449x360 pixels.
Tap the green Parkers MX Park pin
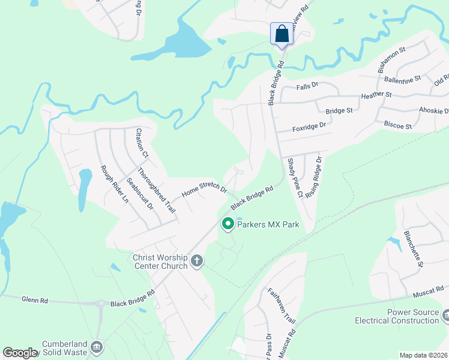(x=228, y=224)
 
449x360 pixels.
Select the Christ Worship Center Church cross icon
(x=197, y=260)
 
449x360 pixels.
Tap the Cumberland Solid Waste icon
(x=97, y=346)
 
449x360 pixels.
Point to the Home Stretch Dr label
(x=204, y=191)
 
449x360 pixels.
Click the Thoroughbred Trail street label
(x=155, y=190)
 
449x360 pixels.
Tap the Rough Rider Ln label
(x=115, y=184)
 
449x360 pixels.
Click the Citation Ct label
(x=142, y=143)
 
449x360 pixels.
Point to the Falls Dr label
(x=307, y=86)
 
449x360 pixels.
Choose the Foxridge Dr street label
(x=309, y=126)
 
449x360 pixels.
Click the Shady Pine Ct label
(x=294, y=178)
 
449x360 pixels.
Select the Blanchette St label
(x=414, y=248)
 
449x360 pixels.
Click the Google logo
(x=20, y=353)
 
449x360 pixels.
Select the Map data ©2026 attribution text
(x=423, y=355)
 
